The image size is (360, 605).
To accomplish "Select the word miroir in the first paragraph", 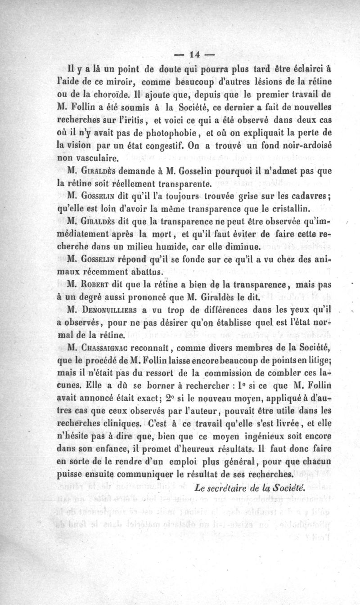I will (x=126, y=83).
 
